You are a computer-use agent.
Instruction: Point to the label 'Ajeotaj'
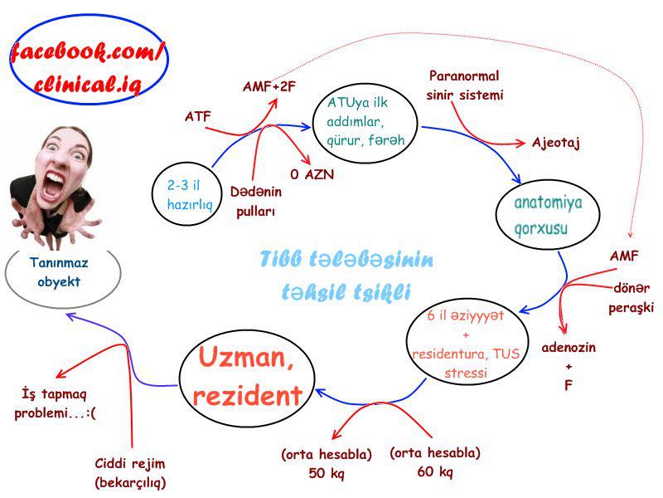pos(555,143)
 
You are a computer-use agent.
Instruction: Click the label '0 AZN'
pos(312,174)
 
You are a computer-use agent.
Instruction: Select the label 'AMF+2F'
pos(269,87)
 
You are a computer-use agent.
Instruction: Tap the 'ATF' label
pos(197,116)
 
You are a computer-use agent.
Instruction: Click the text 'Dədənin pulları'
pos(255,202)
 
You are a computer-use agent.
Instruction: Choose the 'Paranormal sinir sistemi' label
pos(465,85)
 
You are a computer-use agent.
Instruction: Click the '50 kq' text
pos(326,473)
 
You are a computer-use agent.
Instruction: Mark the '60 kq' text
pos(434,471)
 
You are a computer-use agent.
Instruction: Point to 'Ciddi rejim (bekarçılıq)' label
pos(130,472)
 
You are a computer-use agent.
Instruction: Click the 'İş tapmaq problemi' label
pos(55,403)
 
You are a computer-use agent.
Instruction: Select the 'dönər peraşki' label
pos(631,298)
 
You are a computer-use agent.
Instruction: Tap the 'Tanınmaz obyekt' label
pos(59,272)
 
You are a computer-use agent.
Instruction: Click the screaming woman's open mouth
pos(53,185)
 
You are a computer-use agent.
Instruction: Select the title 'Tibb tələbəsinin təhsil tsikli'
pos(346,276)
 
